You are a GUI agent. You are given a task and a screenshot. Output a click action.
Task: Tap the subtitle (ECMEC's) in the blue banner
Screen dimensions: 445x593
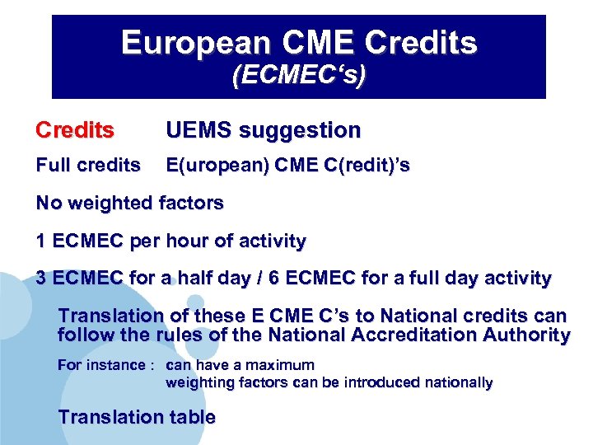tap(299, 76)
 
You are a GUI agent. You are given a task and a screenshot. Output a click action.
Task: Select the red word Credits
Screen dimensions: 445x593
tap(75, 130)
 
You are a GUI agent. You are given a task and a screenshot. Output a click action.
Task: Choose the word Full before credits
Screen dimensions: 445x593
tap(54, 166)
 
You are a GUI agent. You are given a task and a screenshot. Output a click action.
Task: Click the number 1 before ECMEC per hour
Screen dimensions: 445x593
tap(41, 241)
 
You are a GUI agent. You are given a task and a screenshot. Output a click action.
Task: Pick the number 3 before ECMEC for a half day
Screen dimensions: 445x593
tap(41, 279)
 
